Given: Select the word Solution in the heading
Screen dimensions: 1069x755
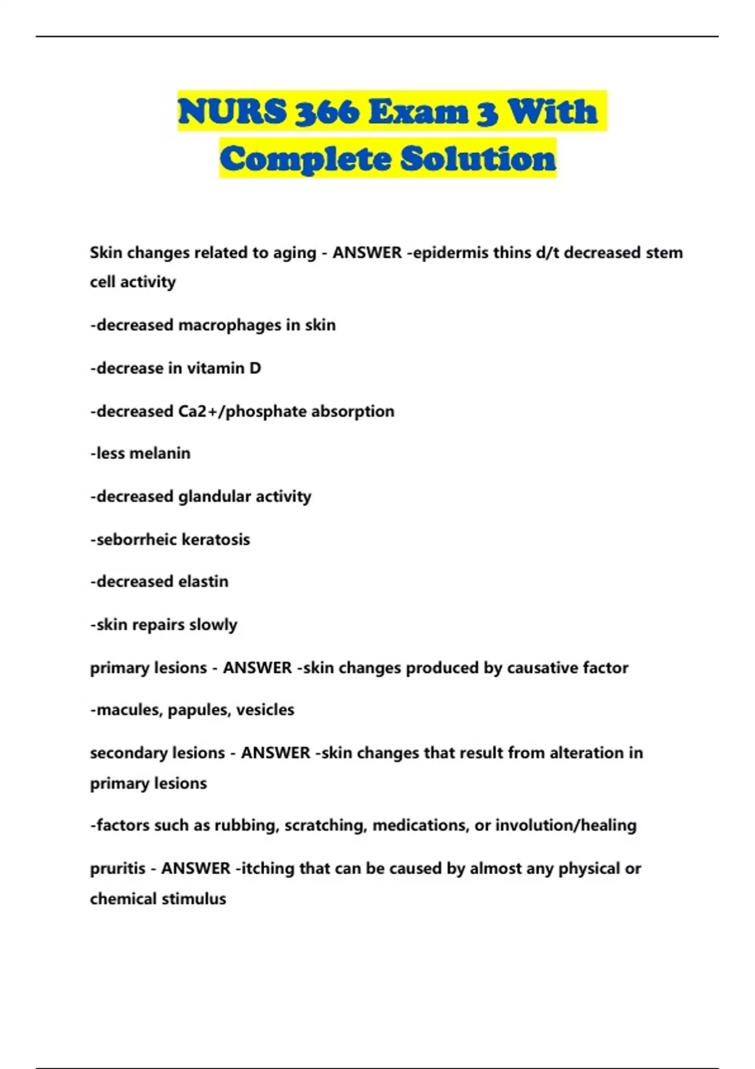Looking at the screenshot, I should [478, 158].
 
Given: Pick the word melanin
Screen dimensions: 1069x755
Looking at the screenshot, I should [160, 453].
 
